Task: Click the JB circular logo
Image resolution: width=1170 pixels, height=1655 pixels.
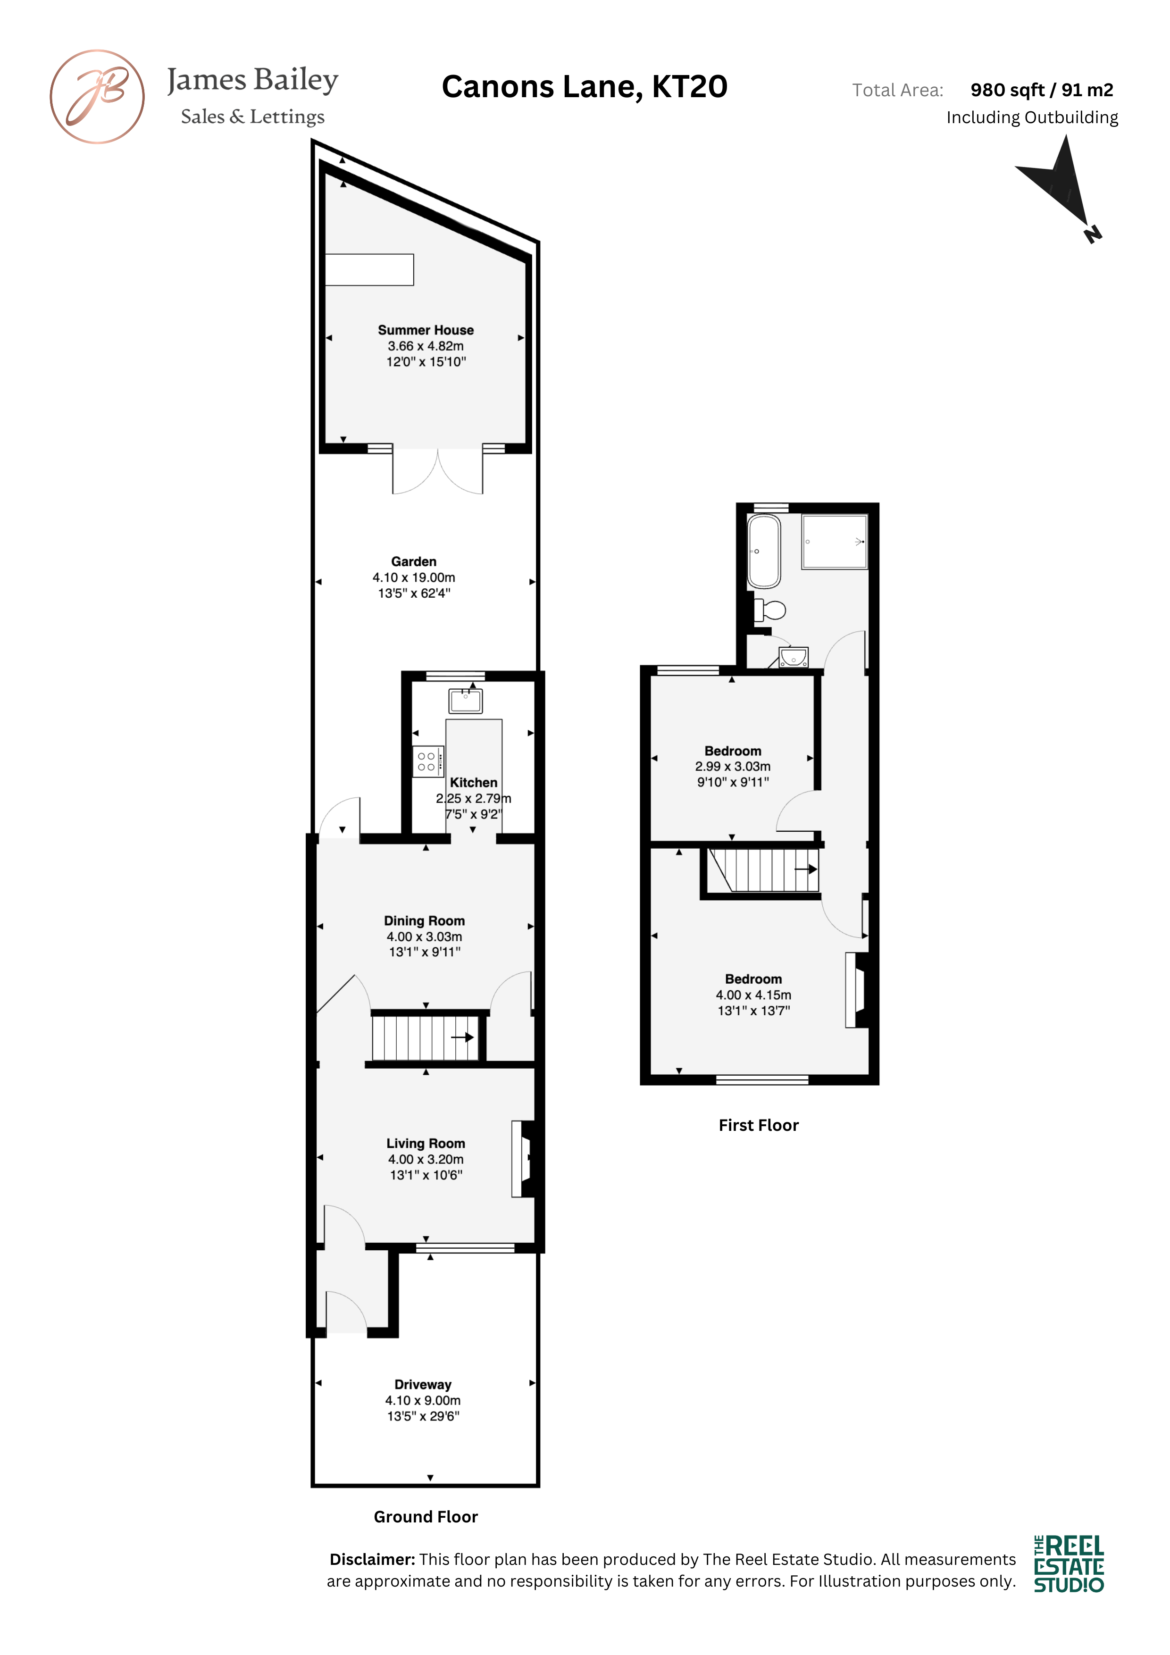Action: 97,97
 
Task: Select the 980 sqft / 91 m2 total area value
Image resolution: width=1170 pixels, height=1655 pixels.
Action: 1042,90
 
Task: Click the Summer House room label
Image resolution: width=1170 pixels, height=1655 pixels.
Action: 426,330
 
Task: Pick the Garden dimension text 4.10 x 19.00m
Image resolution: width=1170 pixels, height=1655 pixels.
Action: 414,577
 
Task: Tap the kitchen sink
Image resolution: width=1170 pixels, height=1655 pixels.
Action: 466,701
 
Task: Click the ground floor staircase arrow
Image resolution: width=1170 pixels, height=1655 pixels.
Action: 462,1037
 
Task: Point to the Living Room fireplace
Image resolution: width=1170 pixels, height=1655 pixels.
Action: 523,1158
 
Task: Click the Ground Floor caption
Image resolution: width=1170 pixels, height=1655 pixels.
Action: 426,1517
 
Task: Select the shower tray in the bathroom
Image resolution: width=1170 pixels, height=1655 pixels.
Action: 835,541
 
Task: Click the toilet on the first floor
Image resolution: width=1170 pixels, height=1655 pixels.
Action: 769,610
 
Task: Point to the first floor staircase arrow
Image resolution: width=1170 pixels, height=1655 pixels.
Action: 806,869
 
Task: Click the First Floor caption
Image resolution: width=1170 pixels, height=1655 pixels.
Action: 758,1125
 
